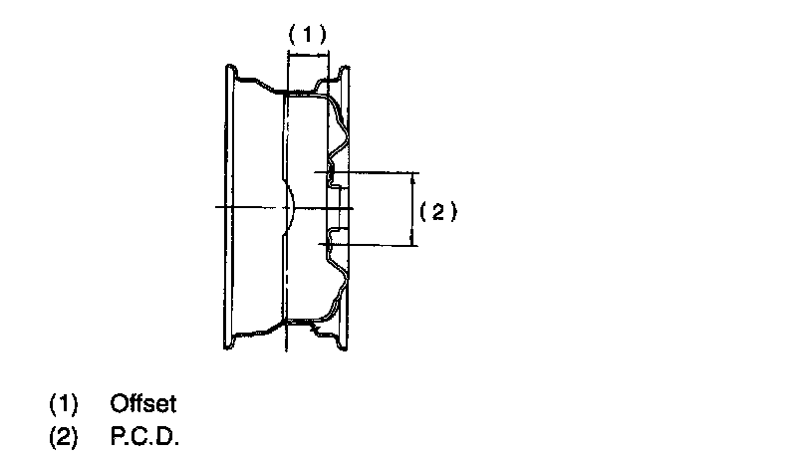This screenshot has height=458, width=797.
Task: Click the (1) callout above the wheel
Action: coord(307,33)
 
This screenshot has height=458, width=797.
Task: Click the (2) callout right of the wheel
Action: coord(437,211)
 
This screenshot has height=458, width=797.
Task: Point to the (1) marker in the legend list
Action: coord(63,404)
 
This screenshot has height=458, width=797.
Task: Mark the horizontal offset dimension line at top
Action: coord(307,56)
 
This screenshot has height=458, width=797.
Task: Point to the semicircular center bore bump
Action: coord(291,208)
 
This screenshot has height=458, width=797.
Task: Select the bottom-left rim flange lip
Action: coord(229,343)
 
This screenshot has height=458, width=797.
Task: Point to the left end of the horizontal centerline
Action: coord(216,208)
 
